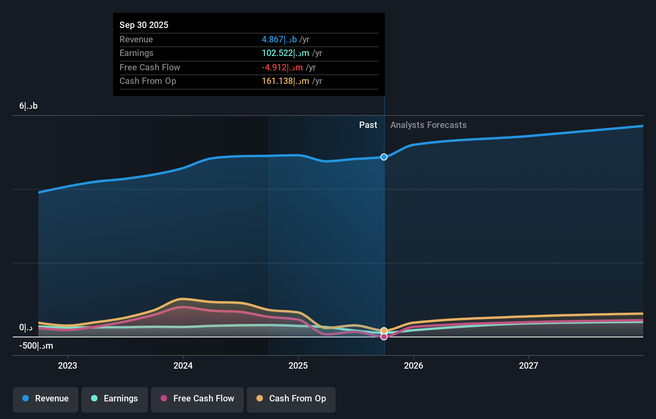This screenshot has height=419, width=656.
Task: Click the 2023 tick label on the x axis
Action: pyautogui.click(x=68, y=365)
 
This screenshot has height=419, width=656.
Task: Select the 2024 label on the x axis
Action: pyautogui.click(x=183, y=365)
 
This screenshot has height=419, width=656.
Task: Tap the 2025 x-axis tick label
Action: pyautogui.click(x=298, y=365)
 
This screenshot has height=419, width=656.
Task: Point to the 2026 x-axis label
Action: pyautogui.click(x=413, y=365)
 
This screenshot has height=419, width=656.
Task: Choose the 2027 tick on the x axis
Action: pyautogui.click(x=529, y=365)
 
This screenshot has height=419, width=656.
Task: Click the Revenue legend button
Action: pyautogui.click(x=46, y=399)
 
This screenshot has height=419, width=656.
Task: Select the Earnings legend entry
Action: pyautogui.click(x=115, y=399)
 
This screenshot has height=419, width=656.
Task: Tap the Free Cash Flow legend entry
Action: pyautogui.click(x=197, y=399)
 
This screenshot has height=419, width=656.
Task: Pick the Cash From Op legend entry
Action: pyautogui.click(x=291, y=399)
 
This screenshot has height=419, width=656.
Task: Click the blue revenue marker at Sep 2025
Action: pyautogui.click(x=384, y=157)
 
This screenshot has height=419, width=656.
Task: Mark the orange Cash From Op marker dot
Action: pyautogui.click(x=384, y=331)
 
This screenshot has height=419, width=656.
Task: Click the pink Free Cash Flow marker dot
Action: pyautogui.click(x=384, y=337)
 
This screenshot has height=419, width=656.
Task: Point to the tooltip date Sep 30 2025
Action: pyautogui.click(x=144, y=25)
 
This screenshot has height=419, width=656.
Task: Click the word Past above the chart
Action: pyautogui.click(x=368, y=125)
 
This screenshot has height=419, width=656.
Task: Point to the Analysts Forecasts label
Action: pyautogui.click(x=428, y=125)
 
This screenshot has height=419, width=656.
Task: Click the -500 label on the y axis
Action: pyautogui.click(x=36, y=346)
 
